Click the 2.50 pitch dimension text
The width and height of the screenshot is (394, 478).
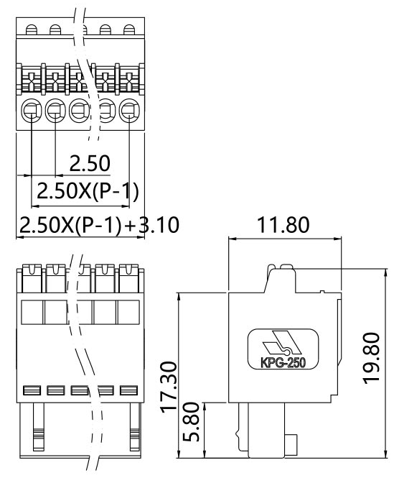coord(90,164)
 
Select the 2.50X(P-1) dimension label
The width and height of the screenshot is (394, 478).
coord(87,191)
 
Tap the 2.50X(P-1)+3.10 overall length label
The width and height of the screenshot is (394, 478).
coord(98,224)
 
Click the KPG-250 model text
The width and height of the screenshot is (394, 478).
coord(281,362)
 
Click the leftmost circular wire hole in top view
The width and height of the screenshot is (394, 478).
coord(32,111)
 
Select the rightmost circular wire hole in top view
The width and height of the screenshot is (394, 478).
coord(128,111)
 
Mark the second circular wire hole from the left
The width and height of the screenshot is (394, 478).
coord(56,111)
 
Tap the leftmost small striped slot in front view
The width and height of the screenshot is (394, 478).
coord(32,391)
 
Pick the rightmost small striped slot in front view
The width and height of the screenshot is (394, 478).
coord(128,391)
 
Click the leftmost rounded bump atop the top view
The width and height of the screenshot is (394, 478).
coord(32,29)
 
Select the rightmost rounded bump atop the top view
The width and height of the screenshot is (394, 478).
coord(129,29)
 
